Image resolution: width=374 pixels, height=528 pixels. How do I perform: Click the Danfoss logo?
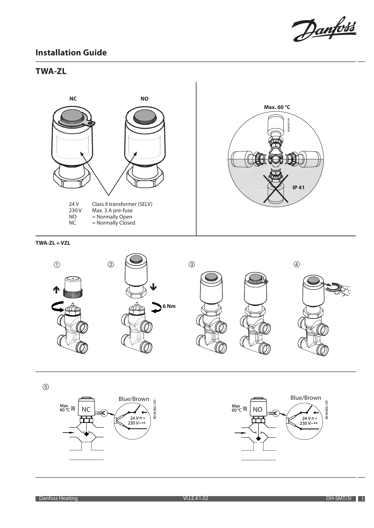tap(324, 29)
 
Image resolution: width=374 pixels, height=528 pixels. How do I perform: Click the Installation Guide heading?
tap(71, 53)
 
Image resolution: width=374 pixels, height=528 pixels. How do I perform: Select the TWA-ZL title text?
tap(51, 72)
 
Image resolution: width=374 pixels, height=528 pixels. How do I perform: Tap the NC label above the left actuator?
tap(73, 99)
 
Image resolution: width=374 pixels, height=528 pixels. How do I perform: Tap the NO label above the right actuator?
tap(144, 99)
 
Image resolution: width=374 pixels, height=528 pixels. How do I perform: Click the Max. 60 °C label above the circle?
tap(277, 107)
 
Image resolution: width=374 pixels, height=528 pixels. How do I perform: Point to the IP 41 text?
tap(298, 188)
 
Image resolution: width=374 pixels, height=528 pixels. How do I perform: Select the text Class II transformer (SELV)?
tap(122, 204)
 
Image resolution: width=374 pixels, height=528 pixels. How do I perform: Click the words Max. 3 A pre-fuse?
tap(112, 210)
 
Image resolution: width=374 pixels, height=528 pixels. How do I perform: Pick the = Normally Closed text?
tap(113, 223)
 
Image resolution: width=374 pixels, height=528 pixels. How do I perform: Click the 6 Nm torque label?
tap(169, 306)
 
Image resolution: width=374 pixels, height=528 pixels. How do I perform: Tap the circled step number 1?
tap(57, 265)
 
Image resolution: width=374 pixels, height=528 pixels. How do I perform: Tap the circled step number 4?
tap(297, 265)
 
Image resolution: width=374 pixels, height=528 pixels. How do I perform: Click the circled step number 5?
tap(45, 387)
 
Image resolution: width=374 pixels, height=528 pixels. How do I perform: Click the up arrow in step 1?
tap(56, 290)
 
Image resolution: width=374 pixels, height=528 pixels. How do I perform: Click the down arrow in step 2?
tap(153, 287)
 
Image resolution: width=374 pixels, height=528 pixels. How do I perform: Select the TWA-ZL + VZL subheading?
tap(53, 243)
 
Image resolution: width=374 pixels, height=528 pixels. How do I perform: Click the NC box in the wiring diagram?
tap(86, 409)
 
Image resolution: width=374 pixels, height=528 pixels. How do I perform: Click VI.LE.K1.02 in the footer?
tap(196, 498)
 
